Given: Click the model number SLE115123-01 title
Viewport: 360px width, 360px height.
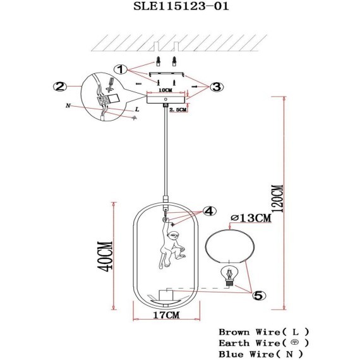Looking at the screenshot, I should tap(179, 7).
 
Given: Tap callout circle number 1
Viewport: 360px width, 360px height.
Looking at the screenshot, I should tap(121, 69).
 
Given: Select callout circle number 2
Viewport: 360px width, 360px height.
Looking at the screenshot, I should tap(61, 87).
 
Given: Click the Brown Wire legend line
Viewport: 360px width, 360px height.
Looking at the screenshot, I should tap(263, 332).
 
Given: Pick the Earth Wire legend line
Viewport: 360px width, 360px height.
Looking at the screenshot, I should tap(263, 342).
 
